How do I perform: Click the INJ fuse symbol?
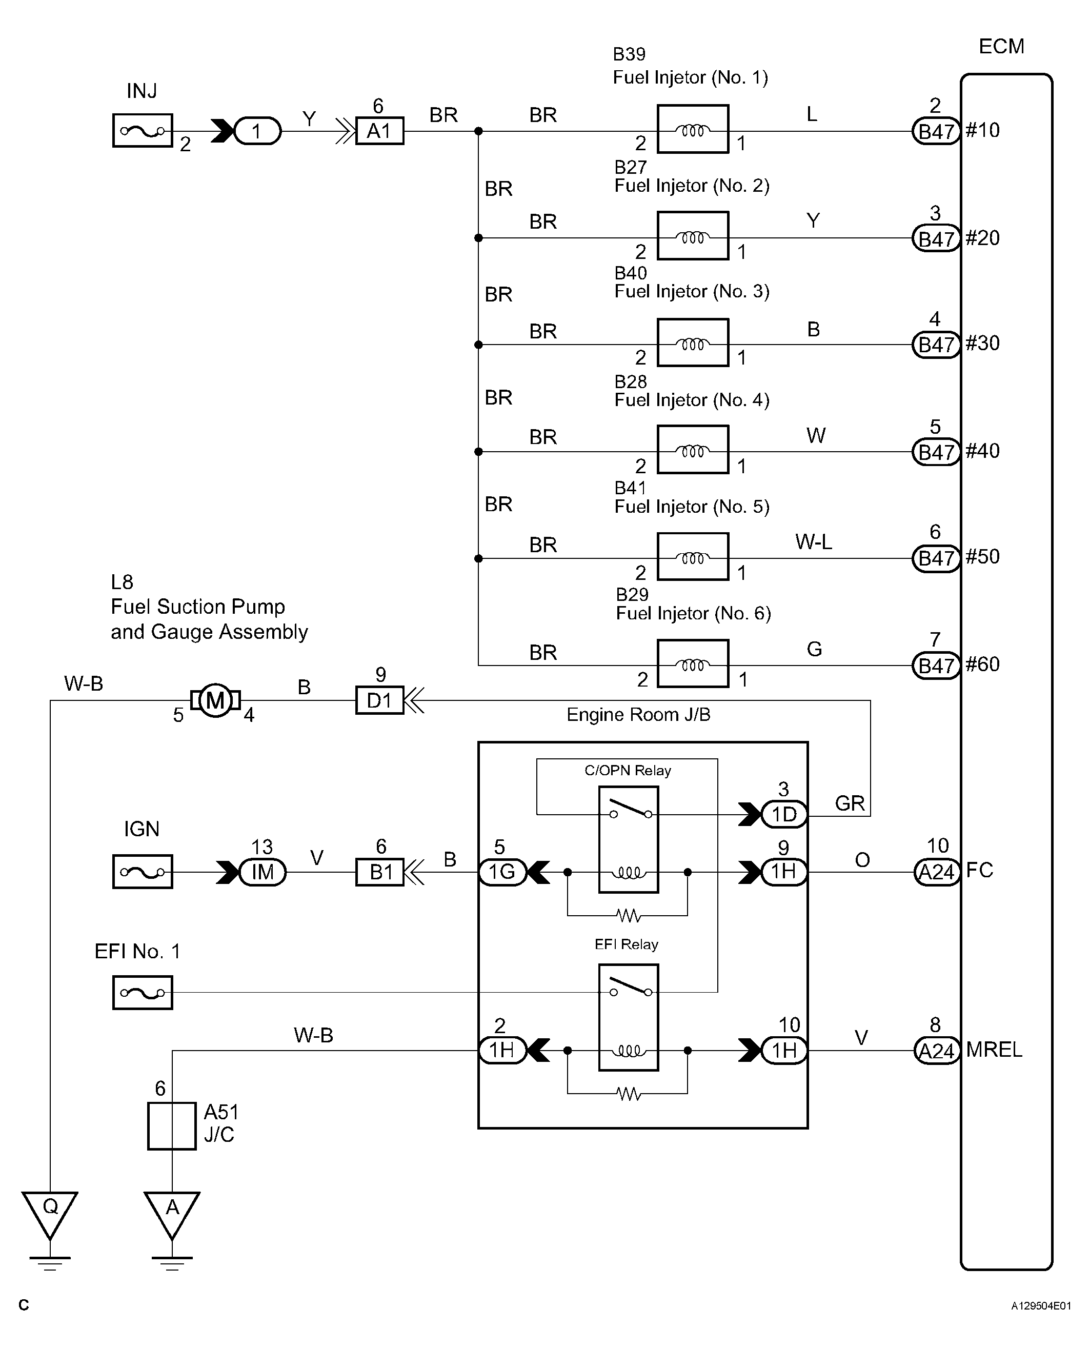pos(143,130)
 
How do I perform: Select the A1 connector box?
pos(379,131)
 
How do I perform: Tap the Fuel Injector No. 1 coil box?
pos(693,129)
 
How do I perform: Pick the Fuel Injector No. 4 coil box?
pos(693,450)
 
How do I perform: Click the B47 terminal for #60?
pos(936,666)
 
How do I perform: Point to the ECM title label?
pos(1001,47)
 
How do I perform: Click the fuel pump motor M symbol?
pos(215,700)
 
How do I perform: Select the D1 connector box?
pos(379,700)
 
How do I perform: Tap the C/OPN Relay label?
pos(628,770)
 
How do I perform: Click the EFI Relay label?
pos(626,944)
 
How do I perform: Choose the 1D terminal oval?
pos(784,815)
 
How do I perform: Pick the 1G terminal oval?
pos(502,872)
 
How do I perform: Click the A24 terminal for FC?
pos(937,872)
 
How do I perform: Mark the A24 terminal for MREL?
pos(937,1051)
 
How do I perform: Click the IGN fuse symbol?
pos(143,872)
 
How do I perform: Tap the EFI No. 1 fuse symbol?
pos(143,993)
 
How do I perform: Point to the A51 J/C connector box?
pos(172,1126)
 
